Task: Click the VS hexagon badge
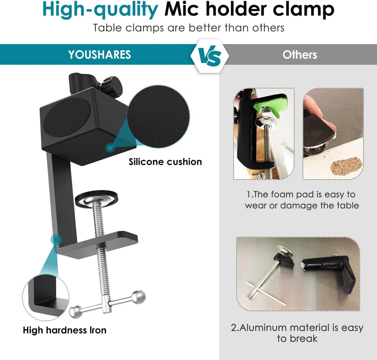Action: pyautogui.click(x=209, y=55)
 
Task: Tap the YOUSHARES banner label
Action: pyautogui.click(x=100, y=55)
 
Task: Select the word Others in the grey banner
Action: pyautogui.click(x=300, y=55)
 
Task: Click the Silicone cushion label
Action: pyautogui.click(x=165, y=162)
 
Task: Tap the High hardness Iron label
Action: pyautogui.click(x=64, y=330)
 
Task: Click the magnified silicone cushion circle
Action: pyautogui.click(x=158, y=117)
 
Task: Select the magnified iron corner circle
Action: pyautogui.click(x=46, y=298)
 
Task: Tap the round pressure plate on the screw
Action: pyautogui.click(x=97, y=198)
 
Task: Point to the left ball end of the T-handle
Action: pyautogui.click(x=75, y=311)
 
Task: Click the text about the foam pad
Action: pyautogui.click(x=302, y=200)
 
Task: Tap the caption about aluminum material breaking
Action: pyautogui.click(x=297, y=333)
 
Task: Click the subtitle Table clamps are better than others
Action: pyautogui.click(x=188, y=28)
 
